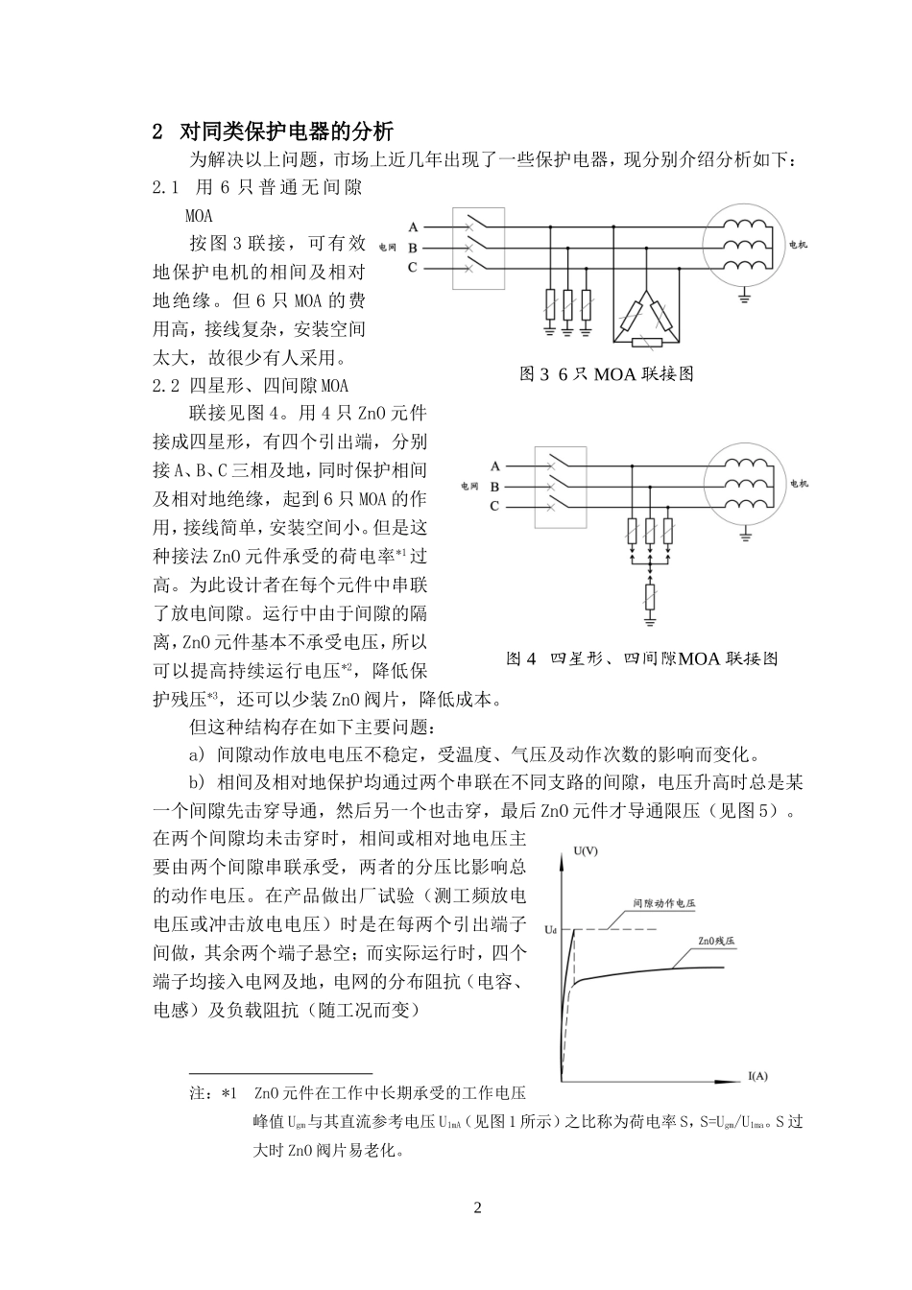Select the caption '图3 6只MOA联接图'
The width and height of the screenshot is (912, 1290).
click(x=606, y=374)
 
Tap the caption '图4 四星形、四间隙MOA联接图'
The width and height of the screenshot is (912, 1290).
click(x=641, y=658)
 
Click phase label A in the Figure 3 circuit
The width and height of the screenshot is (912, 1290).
click(x=413, y=227)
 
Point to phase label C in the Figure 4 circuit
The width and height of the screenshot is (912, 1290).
click(x=495, y=506)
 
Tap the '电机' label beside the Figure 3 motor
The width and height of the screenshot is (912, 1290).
click(x=797, y=246)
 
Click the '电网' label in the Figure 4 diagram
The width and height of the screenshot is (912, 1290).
click(x=469, y=487)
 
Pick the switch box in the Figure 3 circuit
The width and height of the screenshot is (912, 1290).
click(x=478, y=247)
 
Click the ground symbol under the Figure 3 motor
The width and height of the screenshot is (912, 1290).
click(x=743, y=299)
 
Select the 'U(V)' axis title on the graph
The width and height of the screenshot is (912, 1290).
click(x=585, y=850)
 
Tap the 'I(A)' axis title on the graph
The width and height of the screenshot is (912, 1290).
click(x=757, y=1075)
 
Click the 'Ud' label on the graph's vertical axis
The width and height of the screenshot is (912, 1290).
click(x=549, y=929)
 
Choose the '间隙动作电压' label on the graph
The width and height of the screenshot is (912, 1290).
click(x=664, y=904)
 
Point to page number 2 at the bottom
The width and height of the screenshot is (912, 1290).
click(x=478, y=1206)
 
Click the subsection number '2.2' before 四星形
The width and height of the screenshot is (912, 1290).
click(x=166, y=386)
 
